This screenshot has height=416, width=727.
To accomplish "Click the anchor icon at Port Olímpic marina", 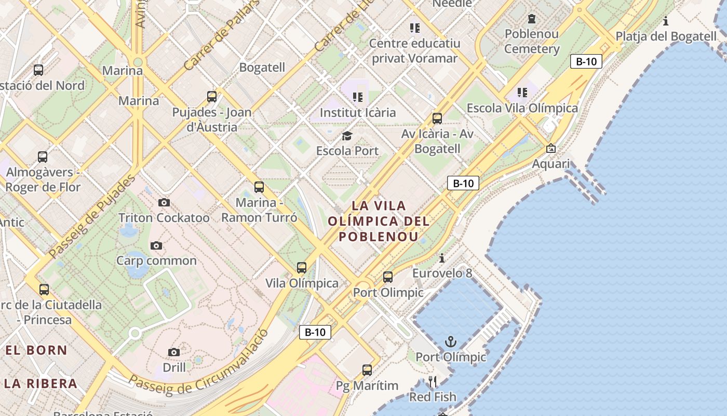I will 451,342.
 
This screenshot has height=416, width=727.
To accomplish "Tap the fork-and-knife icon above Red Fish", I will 432,382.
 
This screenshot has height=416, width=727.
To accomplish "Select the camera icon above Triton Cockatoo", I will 164,202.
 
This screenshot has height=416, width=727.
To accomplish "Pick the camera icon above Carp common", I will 156,245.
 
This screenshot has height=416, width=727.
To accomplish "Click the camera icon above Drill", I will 174,352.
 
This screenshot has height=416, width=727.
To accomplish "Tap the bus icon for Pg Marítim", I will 367,370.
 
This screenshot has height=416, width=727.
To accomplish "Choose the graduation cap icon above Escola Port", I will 347,136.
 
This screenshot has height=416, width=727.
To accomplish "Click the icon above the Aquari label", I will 550,149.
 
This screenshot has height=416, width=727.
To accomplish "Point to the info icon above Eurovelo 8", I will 442,258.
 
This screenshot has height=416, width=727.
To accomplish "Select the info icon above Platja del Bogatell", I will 666,21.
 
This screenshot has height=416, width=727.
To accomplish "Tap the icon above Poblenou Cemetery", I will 532,19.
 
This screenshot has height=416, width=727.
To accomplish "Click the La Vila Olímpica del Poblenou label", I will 379,221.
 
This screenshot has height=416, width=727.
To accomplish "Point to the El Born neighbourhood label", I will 36,350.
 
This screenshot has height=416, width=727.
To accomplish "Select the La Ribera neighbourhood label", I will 41,384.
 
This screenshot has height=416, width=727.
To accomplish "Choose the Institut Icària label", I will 358,112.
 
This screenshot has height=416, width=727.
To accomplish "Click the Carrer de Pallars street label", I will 221,36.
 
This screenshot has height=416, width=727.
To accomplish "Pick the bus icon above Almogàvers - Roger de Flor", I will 43,157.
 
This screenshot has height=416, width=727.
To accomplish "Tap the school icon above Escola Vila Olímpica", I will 522,93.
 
